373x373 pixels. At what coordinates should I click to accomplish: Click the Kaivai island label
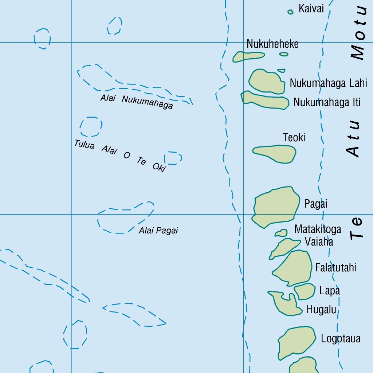click(311, 8)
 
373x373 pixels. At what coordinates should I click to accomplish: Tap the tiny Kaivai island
click(290, 12)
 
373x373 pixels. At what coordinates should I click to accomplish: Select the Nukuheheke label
click(272, 44)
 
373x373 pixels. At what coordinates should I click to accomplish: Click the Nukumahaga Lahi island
click(267, 82)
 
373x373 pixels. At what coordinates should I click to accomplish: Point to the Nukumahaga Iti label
click(327, 102)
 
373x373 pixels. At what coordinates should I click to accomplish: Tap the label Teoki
click(294, 138)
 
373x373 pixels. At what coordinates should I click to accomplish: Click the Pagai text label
click(315, 204)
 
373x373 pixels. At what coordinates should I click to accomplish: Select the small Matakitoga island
click(282, 232)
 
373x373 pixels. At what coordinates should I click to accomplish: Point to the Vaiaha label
click(319, 242)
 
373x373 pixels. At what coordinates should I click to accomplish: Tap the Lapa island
click(305, 291)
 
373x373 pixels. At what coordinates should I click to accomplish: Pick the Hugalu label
click(321, 310)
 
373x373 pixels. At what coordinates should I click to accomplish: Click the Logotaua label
click(340, 338)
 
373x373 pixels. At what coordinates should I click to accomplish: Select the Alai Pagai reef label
click(158, 231)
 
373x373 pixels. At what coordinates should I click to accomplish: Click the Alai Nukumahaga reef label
click(137, 102)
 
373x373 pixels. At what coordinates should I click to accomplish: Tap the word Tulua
click(85, 145)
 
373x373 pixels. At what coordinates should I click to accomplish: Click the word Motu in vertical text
click(358, 33)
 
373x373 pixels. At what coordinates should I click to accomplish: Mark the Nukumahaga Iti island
click(266, 101)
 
